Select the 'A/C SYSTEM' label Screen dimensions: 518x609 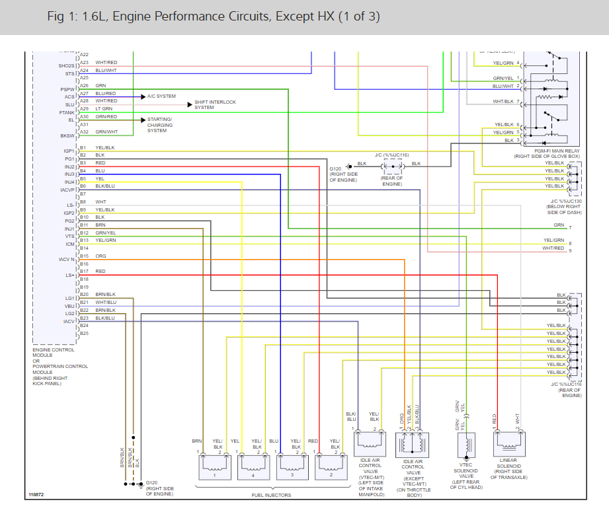pyautogui.click(x=161, y=96)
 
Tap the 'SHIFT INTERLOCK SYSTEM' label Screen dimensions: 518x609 pyautogui.click(x=215, y=105)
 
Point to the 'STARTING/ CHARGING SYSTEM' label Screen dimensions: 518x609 pyautogui.click(x=160, y=125)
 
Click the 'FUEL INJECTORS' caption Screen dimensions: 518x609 pyautogui.click(x=271, y=496)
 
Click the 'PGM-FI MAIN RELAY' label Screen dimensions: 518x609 pyautogui.click(x=548, y=151)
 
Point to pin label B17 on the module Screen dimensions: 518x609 pyautogui.click(x=84, y=272)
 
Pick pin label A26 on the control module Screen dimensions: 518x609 pyautogui.click(x=84, y=86)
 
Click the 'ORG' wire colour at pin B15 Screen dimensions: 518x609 pyautogui.click(x=101, y=256)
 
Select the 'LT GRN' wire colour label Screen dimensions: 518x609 pyautogui.click(x=104, y=108)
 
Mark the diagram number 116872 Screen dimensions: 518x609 pyautogui.click(x=37, y=494)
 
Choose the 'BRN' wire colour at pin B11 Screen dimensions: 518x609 pyautogui.click(x=100, y=225)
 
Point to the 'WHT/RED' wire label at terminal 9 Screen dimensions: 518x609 pyautogui.click(x=553, y=248)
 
